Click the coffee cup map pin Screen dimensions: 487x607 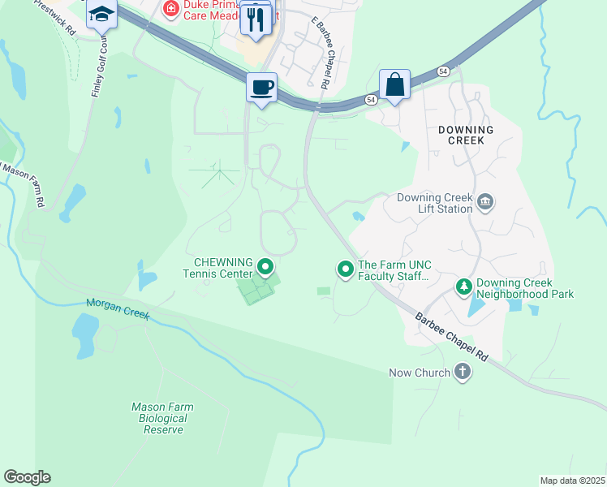coord(261,87)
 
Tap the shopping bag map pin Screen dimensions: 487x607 coord(394,84)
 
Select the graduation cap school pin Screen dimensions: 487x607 coord(102,15)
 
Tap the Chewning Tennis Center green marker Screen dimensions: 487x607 coord(265,266)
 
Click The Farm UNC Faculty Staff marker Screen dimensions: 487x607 coord(346,268)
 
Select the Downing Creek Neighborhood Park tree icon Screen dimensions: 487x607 coord(463,286)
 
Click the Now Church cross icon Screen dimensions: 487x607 coord(463,373)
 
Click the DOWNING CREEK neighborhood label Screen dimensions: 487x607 coord(465,135)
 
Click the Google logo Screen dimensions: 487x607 coord(27,477)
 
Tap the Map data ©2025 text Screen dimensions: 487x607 coord(571,481)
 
